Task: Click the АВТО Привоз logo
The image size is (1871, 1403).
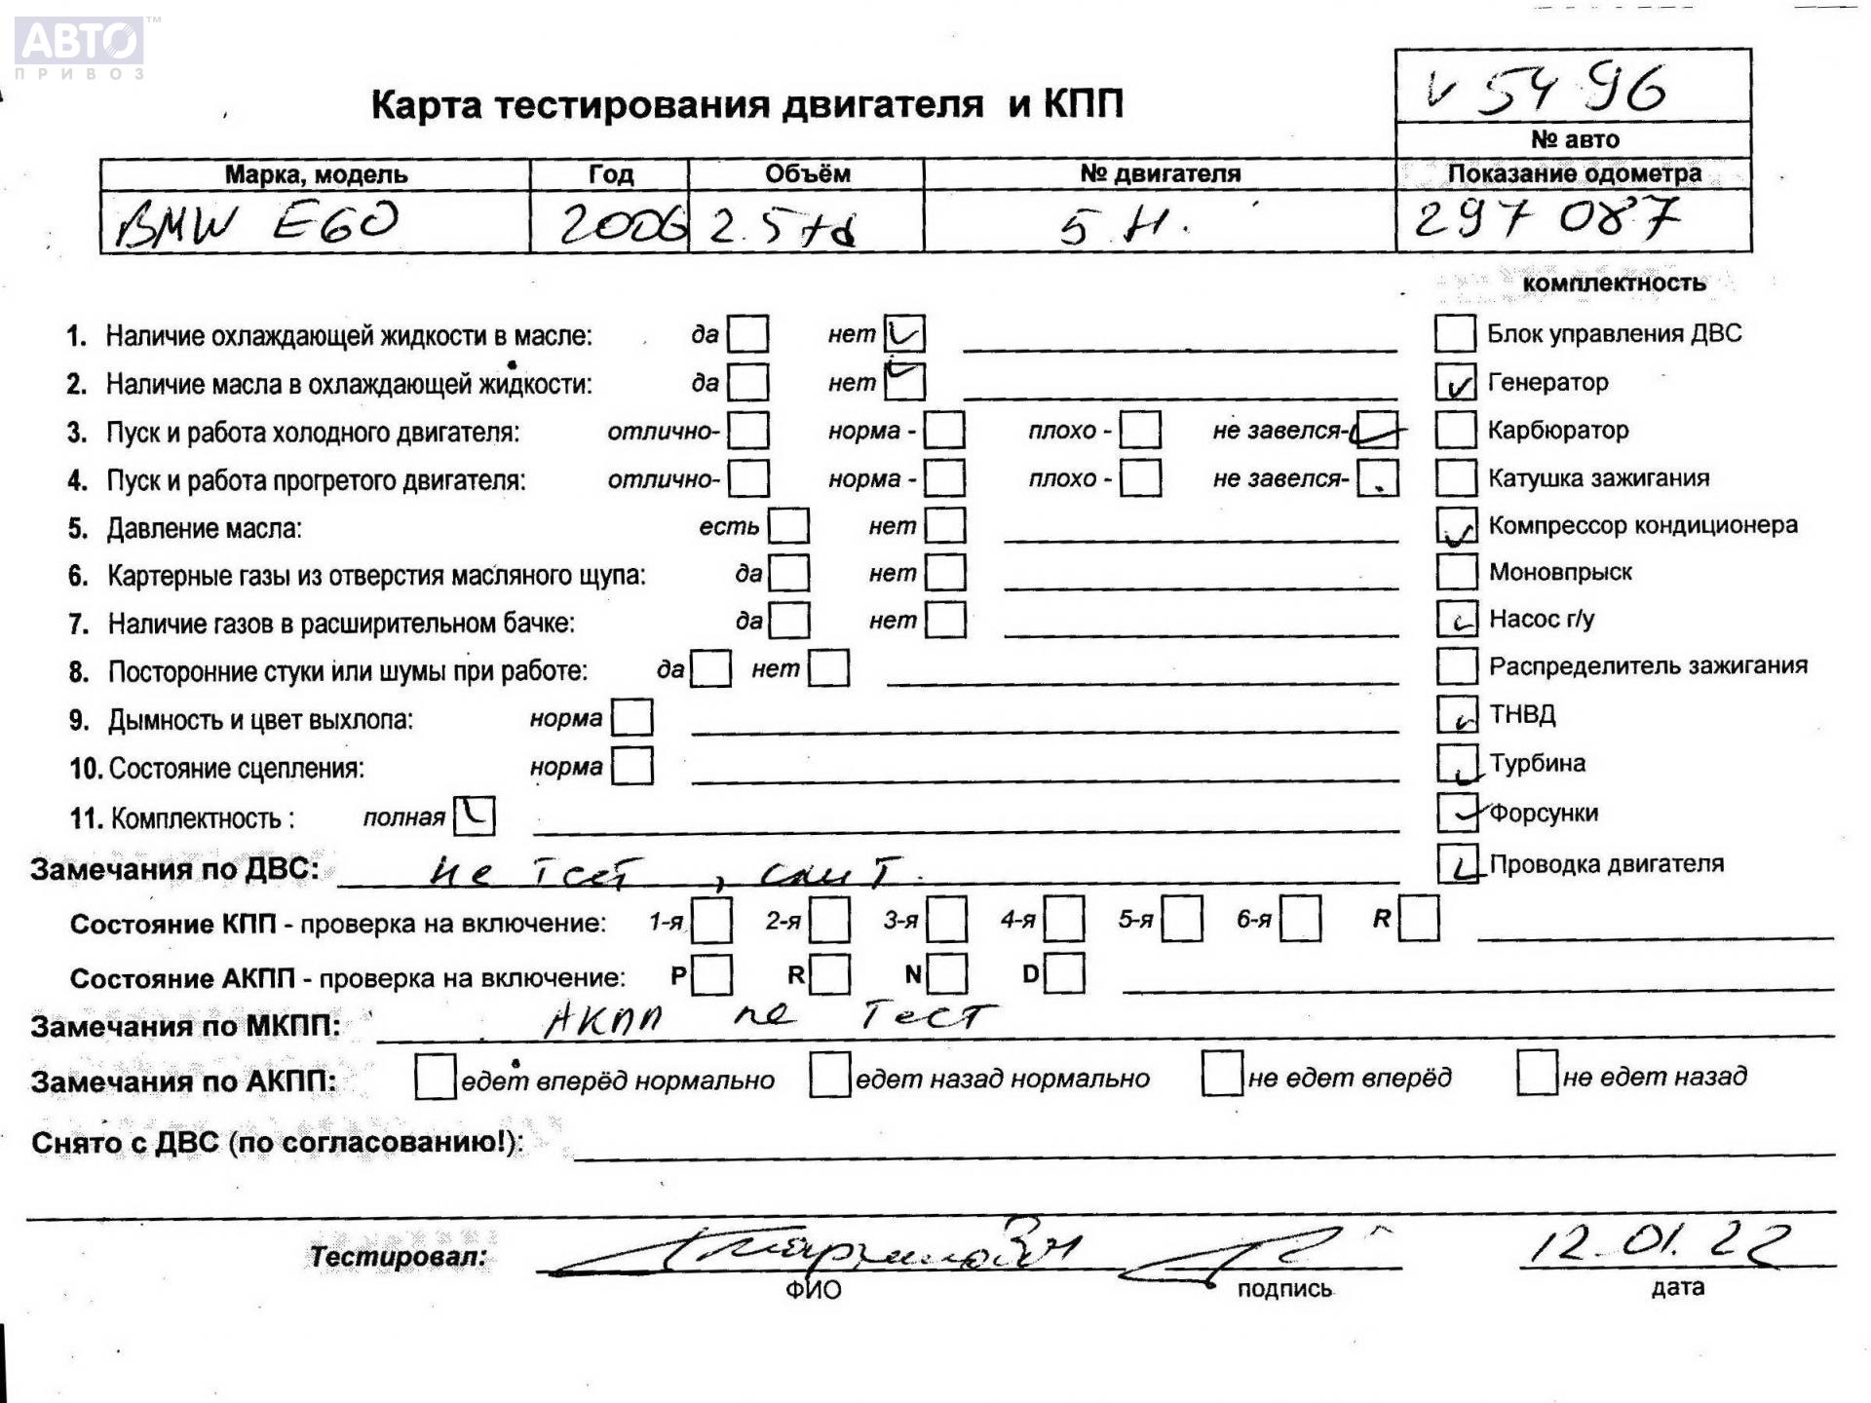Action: pyautogui.click(x=80, y=47)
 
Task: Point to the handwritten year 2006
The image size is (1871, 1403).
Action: pyautogui.click(x=621, y=226)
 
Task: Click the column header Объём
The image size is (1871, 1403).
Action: pyautogui.click(x=807, y=174)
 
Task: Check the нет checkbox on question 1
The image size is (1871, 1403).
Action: pyautogui.click(x=904, y=334)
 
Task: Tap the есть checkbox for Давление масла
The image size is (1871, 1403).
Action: pyautogui.click(x=788, y=526)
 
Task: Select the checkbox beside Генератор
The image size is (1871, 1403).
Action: pyautogui.click(x=1456, y=382)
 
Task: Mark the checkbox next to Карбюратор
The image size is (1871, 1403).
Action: pyautogui.click(x=1456, y=430)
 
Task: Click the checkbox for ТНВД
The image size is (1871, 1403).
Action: pyautogui.click(x=1458, y=714)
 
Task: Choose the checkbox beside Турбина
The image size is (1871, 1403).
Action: pyautogui.click(x=1458, y=763)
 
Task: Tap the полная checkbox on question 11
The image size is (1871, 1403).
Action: pyautogui.click(x=475, y=815)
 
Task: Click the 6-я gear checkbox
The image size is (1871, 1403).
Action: pyautogui.click(x=1301, y=920)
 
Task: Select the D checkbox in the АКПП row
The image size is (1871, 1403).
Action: pyautogui.click(x=1064, y=973)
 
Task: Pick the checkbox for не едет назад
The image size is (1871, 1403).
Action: pyautogui.click(x=1537, y=1075)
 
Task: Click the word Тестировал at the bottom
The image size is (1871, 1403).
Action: pyautogui.click(x=398, y=1257)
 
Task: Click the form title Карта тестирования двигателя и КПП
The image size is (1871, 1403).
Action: pyautogui.click(x=747, y=104)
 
